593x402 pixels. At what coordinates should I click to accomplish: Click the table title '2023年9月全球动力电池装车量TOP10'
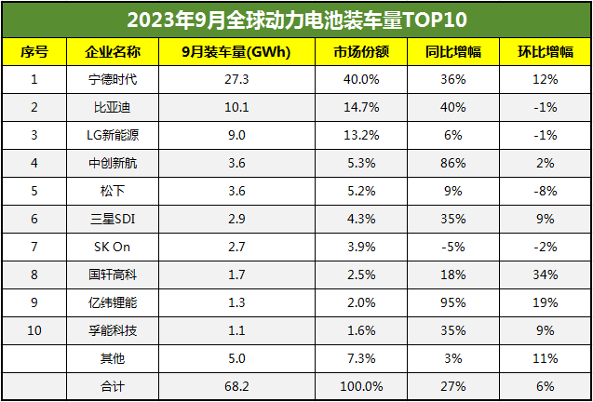[x=296, y=20]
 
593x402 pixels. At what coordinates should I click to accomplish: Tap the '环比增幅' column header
[x=545, y=51]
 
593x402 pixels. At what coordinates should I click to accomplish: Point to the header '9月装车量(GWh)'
[x=236, y=51]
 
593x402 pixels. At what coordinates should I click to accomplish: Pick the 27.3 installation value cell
[x=236, y=79]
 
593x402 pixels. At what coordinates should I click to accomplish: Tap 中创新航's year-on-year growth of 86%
[x=454, y=163]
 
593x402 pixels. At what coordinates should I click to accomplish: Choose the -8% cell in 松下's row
[x=545, y=191]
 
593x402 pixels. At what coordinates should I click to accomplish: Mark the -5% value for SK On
[x=454, y=247]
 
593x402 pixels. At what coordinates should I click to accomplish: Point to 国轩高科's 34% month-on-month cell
[x=545, y=275]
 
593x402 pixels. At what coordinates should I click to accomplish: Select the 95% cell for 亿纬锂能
[x=454, y=302]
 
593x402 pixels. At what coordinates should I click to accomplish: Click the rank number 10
[x=34, y=330]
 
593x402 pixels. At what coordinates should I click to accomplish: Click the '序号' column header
[x=34, y=51]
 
